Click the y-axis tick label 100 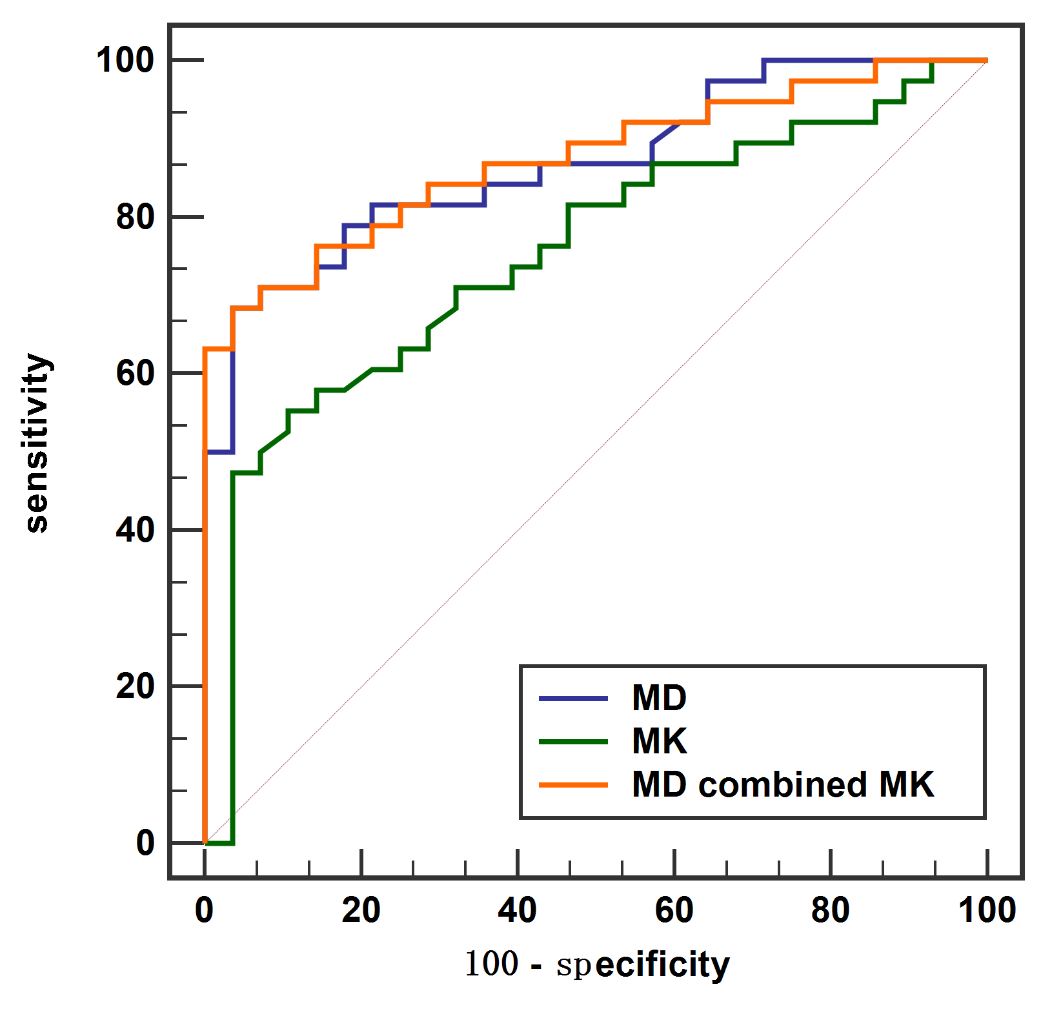click(125, 60)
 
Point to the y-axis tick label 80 click(135, 217)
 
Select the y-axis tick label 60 click(135, 373)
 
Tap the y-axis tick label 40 click(135, 530)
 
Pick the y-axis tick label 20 click(135, 686)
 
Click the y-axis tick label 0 click(145, 843)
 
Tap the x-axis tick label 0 click(204, 910)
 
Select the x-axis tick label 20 click(361, 910)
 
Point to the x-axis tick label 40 click(518, 910)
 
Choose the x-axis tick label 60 click(674, 910)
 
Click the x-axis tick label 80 click(830, 910)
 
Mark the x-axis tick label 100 click(987, 910)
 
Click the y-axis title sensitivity click(37, 443)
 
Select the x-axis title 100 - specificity click(597, 964)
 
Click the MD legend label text click(659, 698)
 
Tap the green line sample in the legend click(573, 742)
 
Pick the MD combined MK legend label click(782, 785)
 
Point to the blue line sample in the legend click(573, 698)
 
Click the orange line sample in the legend click(573, 785)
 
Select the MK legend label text click(659, 741)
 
